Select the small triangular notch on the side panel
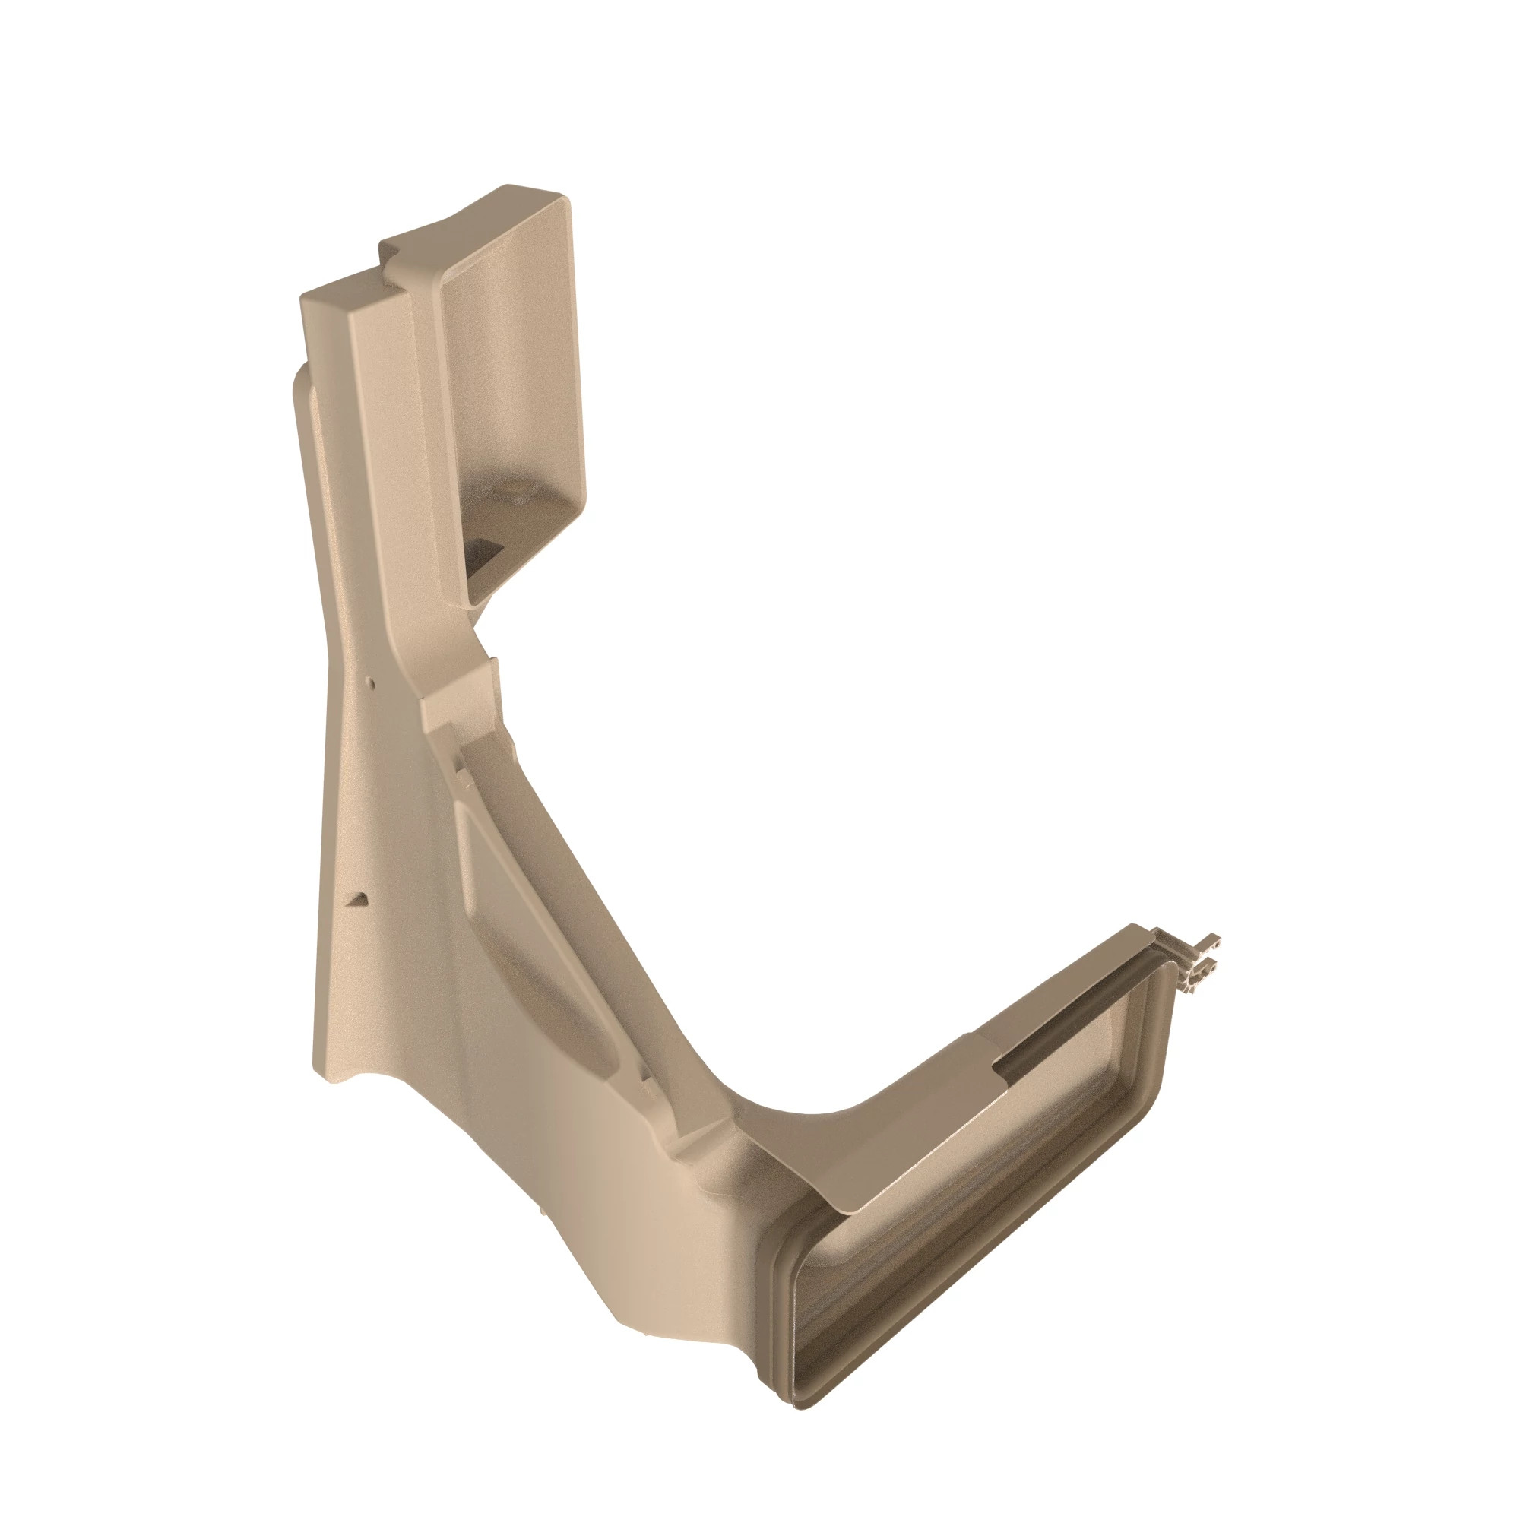359,898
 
